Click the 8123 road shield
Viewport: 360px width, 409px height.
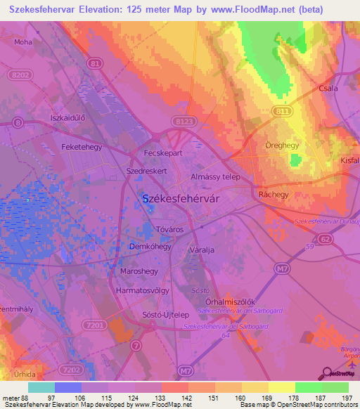(184, 122)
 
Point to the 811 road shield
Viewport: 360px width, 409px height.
(281, 110)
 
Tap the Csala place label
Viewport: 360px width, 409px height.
(328, 89)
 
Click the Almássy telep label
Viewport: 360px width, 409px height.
(215, 178)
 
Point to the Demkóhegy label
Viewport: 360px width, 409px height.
(150, 247)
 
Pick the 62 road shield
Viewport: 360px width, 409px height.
(324, 240)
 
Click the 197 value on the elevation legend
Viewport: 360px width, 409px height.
(346, 398)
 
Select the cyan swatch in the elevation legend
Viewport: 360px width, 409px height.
(41, 387)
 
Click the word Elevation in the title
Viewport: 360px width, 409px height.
(109, 9)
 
